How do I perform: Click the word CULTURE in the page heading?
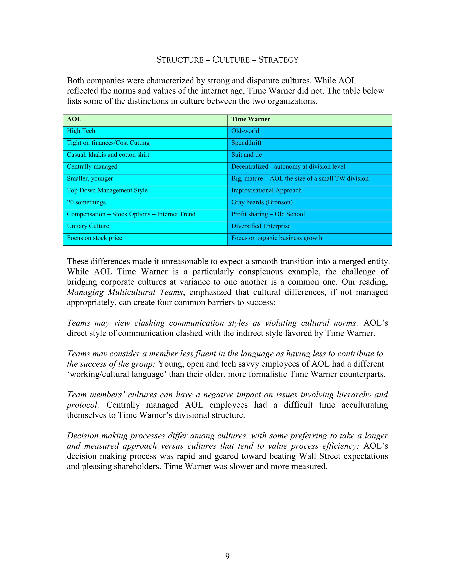pos(231,59)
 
